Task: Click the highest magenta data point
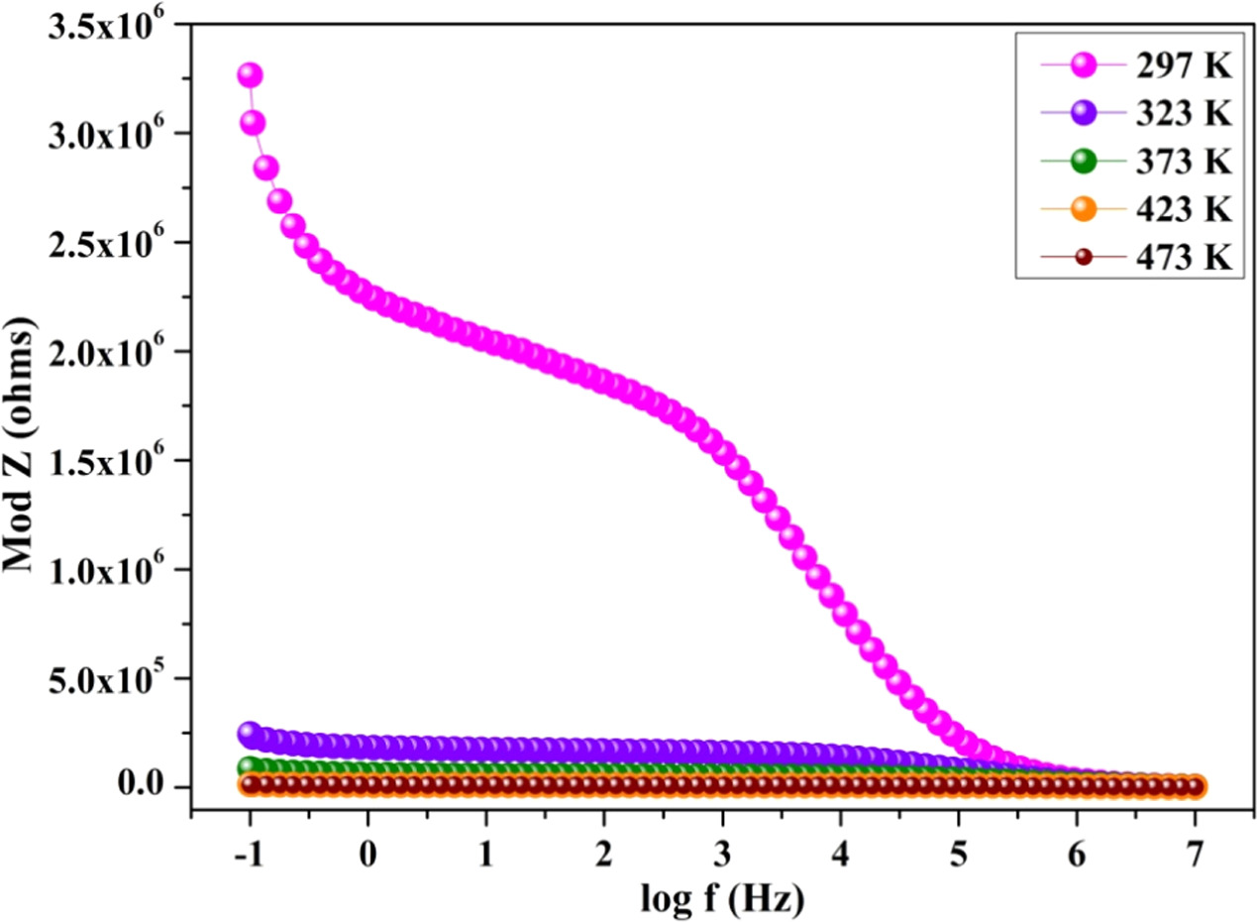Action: [x=250, y=75]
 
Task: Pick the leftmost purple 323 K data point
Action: [x=250, y=734]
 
